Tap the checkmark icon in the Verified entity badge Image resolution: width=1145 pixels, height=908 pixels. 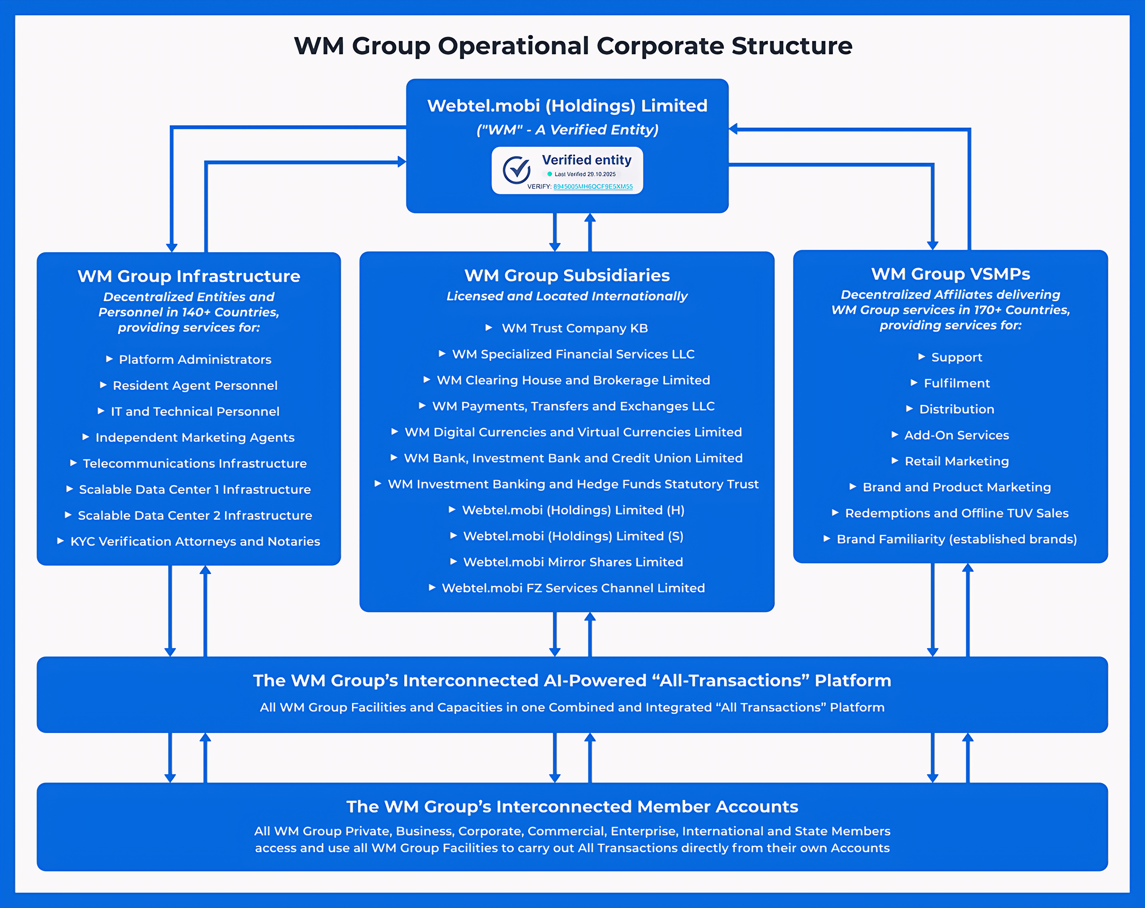coord(516,170)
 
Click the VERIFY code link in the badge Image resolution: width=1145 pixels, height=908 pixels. coord(593,187)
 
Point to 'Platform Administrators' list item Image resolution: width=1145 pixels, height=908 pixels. coord(195,360)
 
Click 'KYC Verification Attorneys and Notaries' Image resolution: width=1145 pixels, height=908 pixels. coord(195,542)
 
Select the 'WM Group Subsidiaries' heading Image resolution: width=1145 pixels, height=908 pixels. coord(567,275)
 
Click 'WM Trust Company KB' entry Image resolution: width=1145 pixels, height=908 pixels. coord(575,328)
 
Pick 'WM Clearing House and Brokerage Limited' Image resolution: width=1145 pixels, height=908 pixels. coord(573,381)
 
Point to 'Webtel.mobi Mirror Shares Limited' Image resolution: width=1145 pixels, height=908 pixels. coord(573,563)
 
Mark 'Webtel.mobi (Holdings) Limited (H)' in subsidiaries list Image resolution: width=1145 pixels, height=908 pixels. coord(573,510)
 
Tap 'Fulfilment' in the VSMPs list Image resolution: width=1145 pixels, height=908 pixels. coord(957,384)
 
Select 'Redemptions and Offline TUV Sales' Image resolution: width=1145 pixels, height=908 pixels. coord(957,514)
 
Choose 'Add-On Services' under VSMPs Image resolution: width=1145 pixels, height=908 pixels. coord(957,436)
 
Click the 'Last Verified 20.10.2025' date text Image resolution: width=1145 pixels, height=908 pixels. coord(585,174)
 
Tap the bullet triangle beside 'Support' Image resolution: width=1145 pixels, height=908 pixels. coord(921,357)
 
